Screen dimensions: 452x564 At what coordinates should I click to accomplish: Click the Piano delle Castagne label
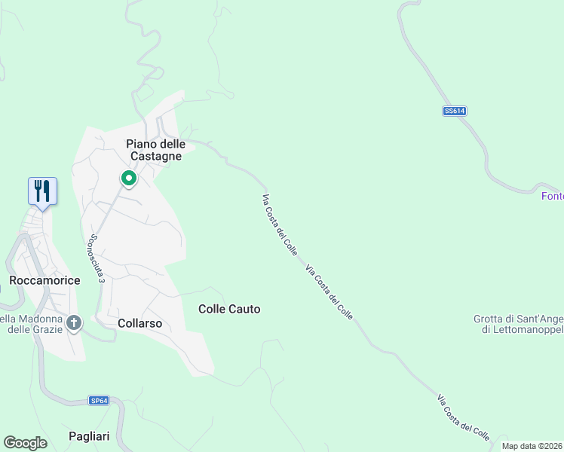click(155, 150)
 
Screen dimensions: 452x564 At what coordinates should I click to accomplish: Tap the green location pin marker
click(129, 179)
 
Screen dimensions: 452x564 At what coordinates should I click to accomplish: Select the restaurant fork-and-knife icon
click(42, 191)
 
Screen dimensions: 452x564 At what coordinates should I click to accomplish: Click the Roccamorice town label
click(44, 280)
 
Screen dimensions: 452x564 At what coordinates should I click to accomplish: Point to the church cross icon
click(74, 323)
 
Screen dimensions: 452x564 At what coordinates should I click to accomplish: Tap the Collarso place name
click(140, 323)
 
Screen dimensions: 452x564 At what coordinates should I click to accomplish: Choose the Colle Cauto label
click(229, 309)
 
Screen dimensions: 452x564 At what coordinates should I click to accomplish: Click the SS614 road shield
click(455, 111)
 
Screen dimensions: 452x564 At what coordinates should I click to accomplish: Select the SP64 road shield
click(99, 400)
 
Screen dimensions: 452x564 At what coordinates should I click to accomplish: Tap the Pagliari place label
click(89, 436)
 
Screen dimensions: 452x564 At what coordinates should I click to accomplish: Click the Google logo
click(25, 443)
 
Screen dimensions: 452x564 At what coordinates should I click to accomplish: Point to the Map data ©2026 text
click(532, 446)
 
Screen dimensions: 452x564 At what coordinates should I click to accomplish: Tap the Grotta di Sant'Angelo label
click(519, 319)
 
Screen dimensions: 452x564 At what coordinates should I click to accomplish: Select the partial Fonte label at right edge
click(552, 197)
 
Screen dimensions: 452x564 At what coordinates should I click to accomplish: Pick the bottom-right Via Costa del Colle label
click(463, 417)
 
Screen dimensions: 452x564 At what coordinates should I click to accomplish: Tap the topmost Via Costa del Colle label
click(279, 225)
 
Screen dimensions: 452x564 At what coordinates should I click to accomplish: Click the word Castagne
click(155, 156)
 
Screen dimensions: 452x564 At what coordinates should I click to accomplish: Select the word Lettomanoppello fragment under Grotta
click(522, 329)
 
